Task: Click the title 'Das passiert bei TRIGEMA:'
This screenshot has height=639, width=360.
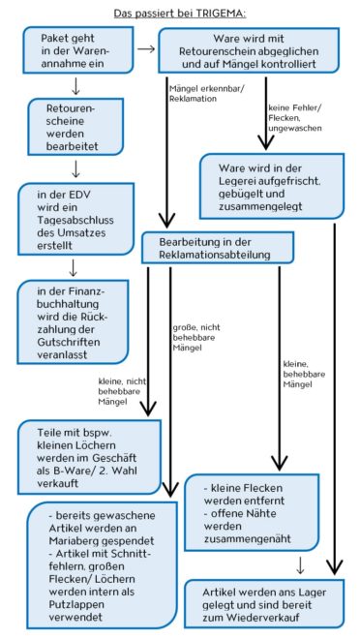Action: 180,14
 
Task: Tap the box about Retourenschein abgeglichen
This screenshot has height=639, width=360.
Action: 249,50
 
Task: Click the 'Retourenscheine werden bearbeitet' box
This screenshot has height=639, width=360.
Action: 75,126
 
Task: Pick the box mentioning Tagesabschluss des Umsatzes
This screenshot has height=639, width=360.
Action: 75,219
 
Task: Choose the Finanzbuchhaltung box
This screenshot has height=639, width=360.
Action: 73,321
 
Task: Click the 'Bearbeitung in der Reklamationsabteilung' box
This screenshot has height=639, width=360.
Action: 218,248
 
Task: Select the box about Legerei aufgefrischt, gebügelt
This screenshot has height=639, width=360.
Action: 272,186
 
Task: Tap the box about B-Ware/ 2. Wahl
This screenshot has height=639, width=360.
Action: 89,457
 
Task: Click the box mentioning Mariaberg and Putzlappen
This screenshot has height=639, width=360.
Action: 103,565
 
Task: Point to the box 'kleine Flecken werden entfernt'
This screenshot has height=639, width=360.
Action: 252,512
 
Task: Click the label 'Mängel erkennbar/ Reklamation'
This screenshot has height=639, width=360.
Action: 206,94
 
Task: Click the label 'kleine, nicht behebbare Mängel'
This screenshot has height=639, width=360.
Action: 122,392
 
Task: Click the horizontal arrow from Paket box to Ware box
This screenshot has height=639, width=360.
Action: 146,49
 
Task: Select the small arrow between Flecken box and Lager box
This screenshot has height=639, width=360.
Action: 300,564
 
